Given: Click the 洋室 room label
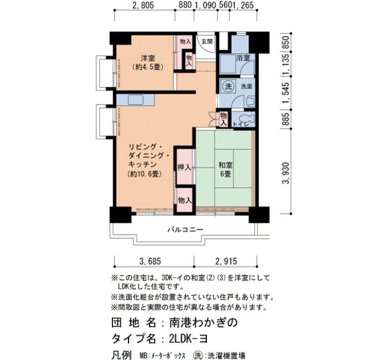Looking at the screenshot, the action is [148, 58].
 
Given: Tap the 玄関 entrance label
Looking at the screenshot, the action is [207, 42].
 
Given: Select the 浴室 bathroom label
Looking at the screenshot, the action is [243, 58].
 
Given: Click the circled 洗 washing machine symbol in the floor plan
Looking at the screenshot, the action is [228, 86].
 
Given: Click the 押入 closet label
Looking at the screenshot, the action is [185, 168].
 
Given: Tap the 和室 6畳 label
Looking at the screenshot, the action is [226, 169].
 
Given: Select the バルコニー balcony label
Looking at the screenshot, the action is [185, 230].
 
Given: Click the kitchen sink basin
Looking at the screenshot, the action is [135, 100].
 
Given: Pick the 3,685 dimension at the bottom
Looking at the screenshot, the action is [150, 261].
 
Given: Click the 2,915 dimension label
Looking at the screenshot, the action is [226, 261].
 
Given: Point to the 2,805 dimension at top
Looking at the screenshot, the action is [143, 5].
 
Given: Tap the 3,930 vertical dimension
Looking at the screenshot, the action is [286, 173].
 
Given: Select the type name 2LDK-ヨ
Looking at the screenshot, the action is [188, 339].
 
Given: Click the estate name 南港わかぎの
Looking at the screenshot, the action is [203, 323].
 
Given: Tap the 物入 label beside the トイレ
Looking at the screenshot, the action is [223, 119].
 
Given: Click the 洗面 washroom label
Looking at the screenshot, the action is [247, 86].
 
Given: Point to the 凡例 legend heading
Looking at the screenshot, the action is [121, 355].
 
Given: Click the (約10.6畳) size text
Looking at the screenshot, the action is [145, 174].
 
